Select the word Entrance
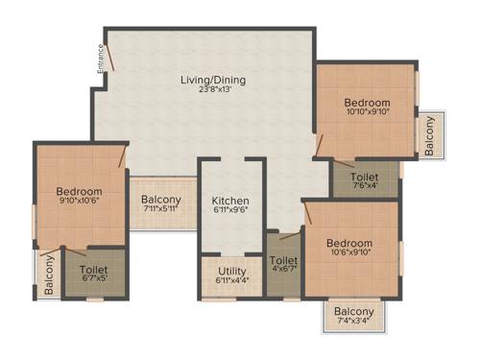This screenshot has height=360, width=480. coord(100,58)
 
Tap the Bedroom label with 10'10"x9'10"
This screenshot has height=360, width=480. coord(369,103)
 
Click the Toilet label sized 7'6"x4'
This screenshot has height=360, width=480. coord(364,177)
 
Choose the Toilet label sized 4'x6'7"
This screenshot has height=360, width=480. coord(283,260)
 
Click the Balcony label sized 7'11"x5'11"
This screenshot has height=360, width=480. coord(161,201)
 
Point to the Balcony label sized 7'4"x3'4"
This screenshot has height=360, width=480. coord(354,311)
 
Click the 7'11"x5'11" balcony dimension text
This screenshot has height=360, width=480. coord(160,211)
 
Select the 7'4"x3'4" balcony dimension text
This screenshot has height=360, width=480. coord(354,323)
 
